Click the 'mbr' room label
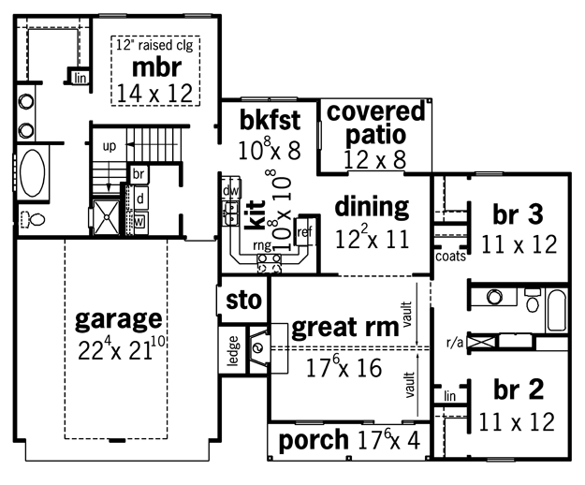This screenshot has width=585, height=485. pyautogui.click(x=156, y=67)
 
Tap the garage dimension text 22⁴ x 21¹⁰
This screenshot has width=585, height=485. pyautogui.click(x=122, y=349)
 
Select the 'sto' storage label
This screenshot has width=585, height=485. pyautogui.click(x=244, y=301)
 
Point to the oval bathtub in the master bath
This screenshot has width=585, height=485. pyautogui.click(x=33, y=172)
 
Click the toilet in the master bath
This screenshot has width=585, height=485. pyautogui.click(x=33, y=219)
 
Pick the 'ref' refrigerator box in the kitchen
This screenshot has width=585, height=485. pyautogui.click(x=304, y=232)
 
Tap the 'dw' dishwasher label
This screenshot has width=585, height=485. pyautogui.click(x=230, y=191)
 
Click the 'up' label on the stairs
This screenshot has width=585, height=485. pyautogui.click(x=110, y=147)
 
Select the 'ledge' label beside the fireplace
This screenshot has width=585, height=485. pyautogui.click(x=233, y=351)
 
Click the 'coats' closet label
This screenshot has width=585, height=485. pyautogui.click(x=451, y=257)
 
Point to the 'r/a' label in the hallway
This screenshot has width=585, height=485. pyautogui.click(x=455, y=343)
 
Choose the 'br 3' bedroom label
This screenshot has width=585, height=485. pyautogui.click(x=518, y=214)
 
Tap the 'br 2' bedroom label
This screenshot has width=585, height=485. pyautogui.click(x=519, y=389)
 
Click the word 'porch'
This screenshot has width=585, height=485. pyautogui.click(x=314, y=440)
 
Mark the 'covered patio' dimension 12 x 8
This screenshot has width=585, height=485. pyautogui.click(x=374, y=160)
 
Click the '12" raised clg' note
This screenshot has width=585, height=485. pyautogui.click(x=154, y=45)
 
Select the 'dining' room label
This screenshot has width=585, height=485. pyautogui.click(x=372, y=208)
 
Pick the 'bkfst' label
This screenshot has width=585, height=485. pyautogui.click(x=270, y=120)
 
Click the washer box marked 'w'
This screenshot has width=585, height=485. pyautogui.click(x=139, y=222)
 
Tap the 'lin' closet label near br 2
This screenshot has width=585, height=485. pyautogui.click(x=450, y=396)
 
